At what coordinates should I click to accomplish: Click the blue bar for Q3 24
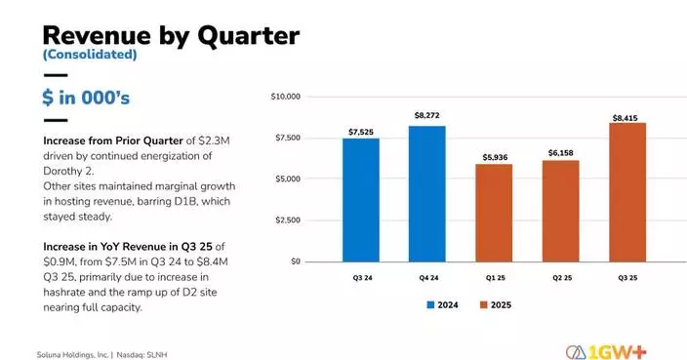point(361,200)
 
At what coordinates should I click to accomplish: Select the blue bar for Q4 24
point(427,194)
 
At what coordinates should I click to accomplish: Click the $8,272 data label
point(427,116)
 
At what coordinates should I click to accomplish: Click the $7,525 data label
point(361,130)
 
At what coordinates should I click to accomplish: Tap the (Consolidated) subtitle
point(90,56)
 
